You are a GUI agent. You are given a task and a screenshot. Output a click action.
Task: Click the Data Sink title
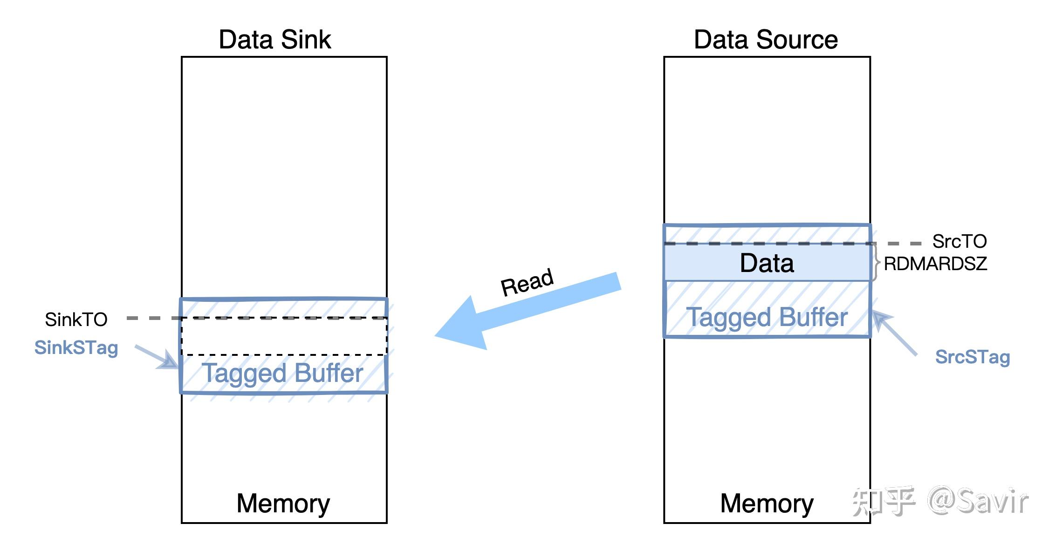274,39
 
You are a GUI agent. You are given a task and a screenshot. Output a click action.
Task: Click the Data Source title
766,39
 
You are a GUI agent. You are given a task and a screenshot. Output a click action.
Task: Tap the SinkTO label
76,320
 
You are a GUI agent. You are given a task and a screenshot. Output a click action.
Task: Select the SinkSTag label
76,347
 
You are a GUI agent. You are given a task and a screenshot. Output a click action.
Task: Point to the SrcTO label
959,241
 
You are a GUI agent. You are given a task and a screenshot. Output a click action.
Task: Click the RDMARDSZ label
935,264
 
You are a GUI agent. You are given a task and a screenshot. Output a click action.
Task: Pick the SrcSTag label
973,357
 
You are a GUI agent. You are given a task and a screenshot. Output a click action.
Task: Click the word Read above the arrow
527,282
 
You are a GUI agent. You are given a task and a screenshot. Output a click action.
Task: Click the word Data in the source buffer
767,263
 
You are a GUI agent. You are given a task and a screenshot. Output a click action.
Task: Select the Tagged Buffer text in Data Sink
283,373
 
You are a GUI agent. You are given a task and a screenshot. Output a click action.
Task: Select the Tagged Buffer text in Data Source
767,318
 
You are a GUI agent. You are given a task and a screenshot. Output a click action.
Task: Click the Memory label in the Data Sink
283,503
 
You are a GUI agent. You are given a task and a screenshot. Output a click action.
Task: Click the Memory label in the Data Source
767,503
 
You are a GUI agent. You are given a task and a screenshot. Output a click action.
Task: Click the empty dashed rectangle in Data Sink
284,336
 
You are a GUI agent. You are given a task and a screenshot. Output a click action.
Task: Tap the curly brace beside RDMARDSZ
876,262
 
